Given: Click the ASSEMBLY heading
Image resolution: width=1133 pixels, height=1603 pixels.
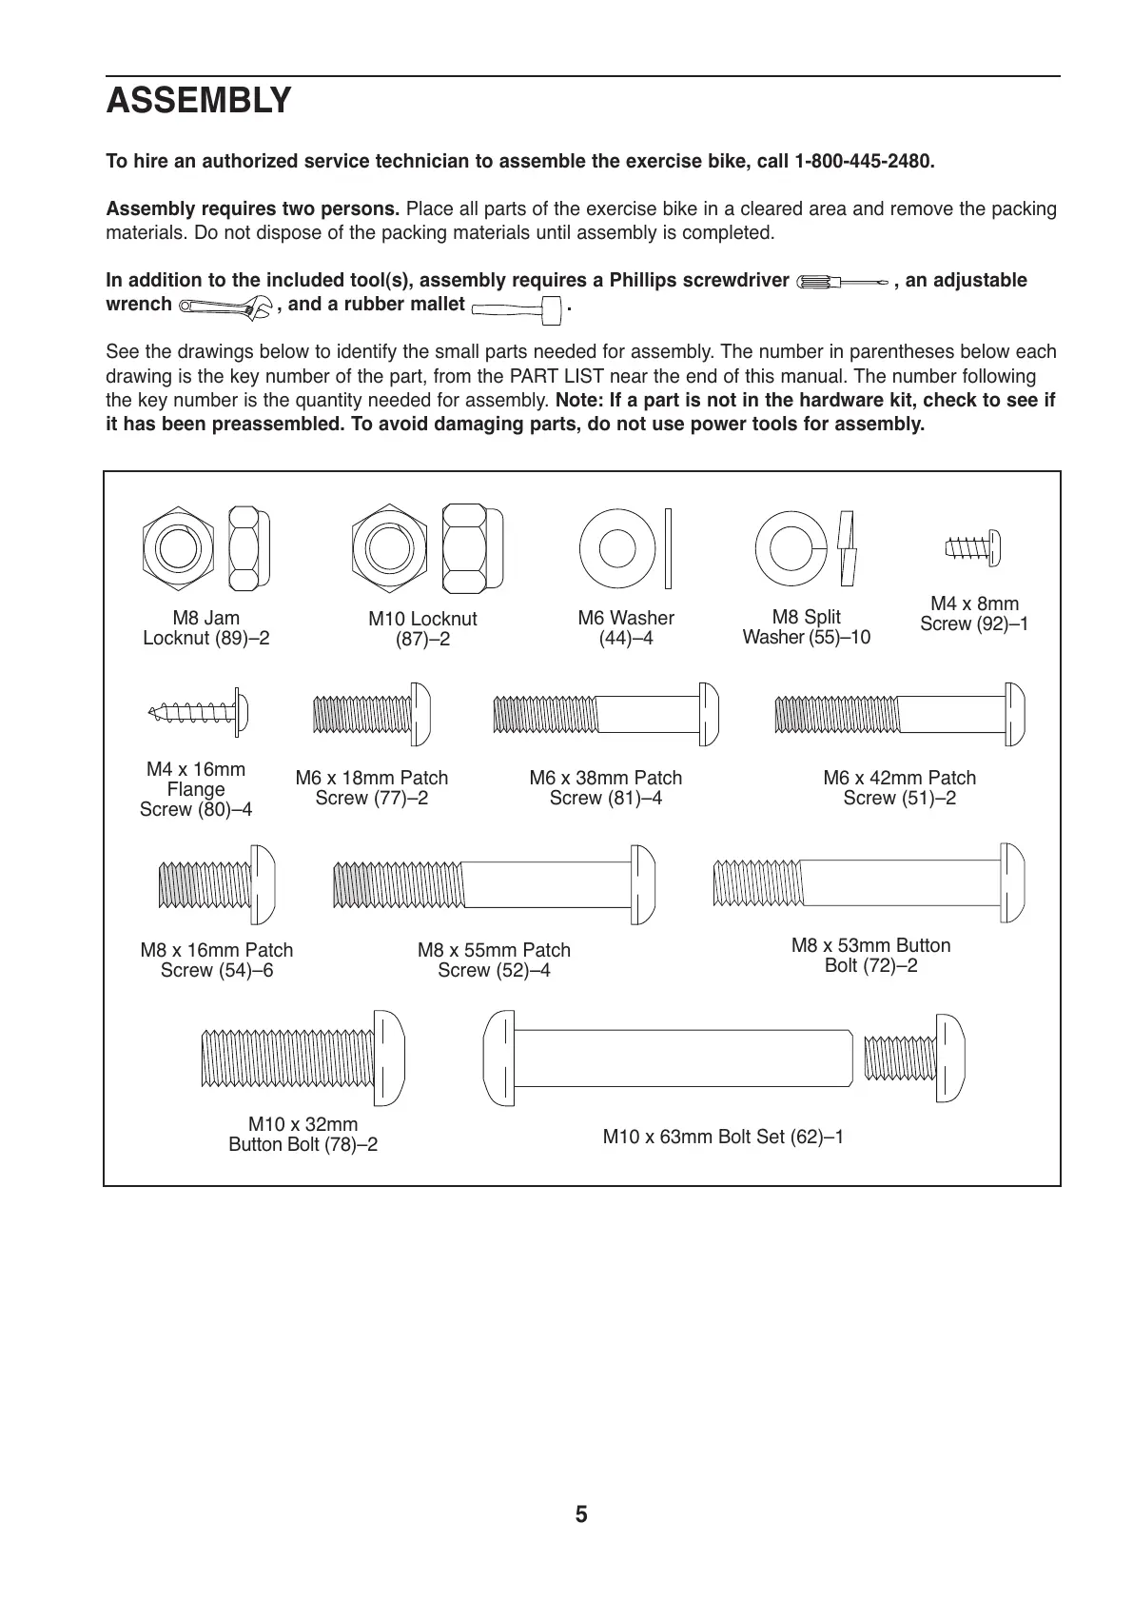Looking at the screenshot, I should [x=199, y=101].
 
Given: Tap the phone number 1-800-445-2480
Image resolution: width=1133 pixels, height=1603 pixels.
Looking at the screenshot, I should [x=864, y=161].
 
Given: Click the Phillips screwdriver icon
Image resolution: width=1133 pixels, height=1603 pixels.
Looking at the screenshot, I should [x=843, y=282].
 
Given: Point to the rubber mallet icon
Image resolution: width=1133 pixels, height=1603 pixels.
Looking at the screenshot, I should [x=515, y=307].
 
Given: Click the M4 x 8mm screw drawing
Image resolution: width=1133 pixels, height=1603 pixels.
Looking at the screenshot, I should [x=972, y=547].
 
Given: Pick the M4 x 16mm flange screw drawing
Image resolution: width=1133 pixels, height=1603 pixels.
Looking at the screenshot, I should [x=199, y=710].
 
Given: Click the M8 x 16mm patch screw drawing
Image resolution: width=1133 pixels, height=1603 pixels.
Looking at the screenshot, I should [x=216, y=884].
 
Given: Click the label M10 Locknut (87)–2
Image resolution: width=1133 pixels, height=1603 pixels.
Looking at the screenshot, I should [x=422, y=629].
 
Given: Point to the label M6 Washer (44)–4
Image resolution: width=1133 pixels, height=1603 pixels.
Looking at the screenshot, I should [x=626, y=628].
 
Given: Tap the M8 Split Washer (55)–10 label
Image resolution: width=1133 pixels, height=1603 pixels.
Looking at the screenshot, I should [x=806, y=627].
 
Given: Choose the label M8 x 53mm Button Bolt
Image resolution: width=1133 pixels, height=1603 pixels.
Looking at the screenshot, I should [x=870, y=956].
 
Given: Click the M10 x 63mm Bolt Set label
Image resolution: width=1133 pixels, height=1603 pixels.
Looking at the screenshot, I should [x=723, y=1137].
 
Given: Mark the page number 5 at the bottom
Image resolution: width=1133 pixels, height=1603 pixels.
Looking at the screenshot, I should [x=581, y=1514].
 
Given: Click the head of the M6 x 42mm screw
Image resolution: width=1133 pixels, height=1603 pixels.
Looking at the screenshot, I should [x=1013, y=713].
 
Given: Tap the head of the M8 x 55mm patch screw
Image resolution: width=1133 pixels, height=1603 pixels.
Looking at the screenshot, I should [x=643, y=884].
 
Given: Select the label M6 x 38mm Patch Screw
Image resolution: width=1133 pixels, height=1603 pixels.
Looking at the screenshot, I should [x=605, y=788].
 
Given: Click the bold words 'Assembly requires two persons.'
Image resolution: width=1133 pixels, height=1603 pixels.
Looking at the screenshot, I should [x=253, y=209].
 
